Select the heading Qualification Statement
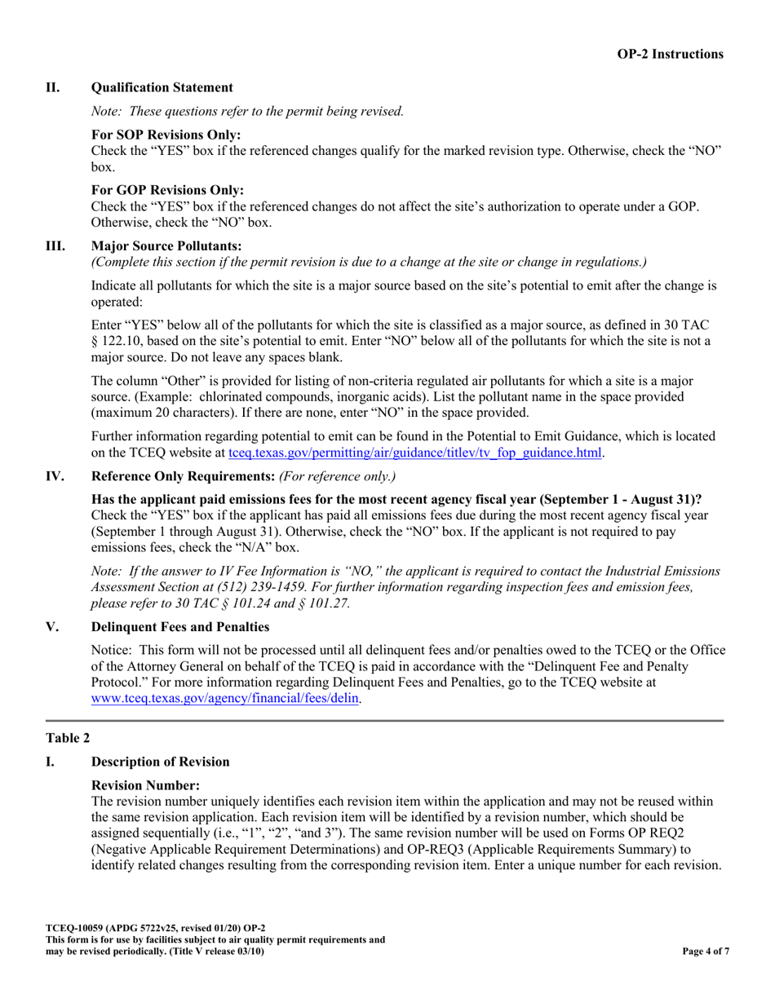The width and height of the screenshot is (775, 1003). [x=162, y=87]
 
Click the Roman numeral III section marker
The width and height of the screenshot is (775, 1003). [x=55, y=245]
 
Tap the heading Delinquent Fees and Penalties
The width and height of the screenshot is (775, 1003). [x=179, y=627]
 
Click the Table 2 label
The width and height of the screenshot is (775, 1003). [x=68, y=738]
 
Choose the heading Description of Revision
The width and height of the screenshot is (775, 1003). [x=160, y=762]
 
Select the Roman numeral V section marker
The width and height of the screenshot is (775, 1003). [x=51, y=627]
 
